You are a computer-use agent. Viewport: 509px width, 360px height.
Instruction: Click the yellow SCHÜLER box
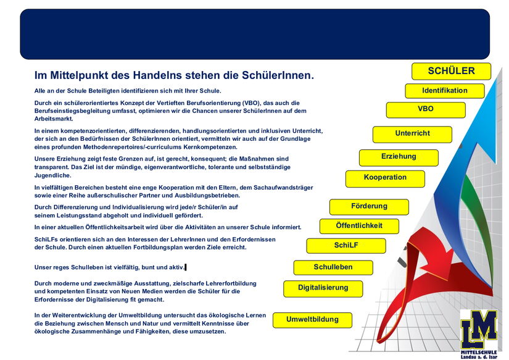point(451,71)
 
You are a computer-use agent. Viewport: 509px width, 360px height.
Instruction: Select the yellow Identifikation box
point(444,91)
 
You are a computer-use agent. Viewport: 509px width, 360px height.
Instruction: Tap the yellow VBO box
point(425,109)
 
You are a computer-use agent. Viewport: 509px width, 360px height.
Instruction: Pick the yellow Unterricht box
point(412,134)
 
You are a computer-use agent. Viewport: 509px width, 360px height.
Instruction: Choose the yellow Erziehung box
point(399,157)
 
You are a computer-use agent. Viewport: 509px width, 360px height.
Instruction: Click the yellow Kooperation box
point(385,178)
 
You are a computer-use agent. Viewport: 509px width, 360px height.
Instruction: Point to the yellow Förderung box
point(369,206)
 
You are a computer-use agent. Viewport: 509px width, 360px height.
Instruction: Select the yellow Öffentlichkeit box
point(359,226)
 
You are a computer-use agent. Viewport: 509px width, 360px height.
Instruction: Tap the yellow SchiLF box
point(346,246)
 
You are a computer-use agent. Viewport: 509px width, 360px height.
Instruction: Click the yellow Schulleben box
point(333,267)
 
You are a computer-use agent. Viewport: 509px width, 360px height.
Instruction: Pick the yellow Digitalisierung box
point(323,288)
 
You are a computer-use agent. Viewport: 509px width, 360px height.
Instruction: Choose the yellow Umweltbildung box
point(312,320)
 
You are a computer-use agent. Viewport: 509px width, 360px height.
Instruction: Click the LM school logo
point(478,330)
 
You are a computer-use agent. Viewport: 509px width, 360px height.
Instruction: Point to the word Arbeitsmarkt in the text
point(54,119)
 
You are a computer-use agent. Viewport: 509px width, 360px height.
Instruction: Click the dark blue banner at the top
point(254,34)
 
